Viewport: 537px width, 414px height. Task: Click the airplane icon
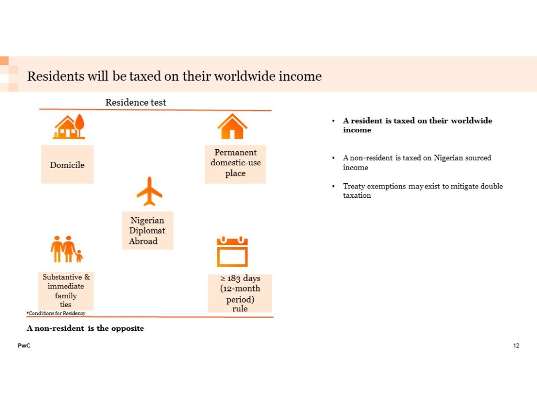(x=149, y=192)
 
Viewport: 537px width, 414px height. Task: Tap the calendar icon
(x=232, y=252)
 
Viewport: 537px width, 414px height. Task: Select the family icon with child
(x=67, y=249)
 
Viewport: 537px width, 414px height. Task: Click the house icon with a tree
(x=69, y=127)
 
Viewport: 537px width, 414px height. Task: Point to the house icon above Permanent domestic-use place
(x=232, y=126)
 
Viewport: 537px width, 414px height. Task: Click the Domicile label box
(x=68, y=164)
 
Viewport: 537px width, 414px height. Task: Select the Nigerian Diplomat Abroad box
(x=147, y=230)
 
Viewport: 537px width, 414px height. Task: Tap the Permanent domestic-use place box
(x=235, y=164)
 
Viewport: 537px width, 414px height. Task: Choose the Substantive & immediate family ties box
(x=66, y=291)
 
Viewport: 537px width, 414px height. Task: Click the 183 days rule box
(x=240, y=293)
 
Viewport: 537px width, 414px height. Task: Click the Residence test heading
(x=136, y=102)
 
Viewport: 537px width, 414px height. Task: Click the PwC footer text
(x=24, y=345)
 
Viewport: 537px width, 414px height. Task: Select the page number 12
(x=516, y=345)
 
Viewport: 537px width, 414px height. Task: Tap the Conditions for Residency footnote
(x=56, y=313)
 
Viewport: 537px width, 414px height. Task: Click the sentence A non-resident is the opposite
(x=85, y=328)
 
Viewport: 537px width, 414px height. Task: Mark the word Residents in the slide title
(x=56, y=76)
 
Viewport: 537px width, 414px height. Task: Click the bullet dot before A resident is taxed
(x=333, y=121)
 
